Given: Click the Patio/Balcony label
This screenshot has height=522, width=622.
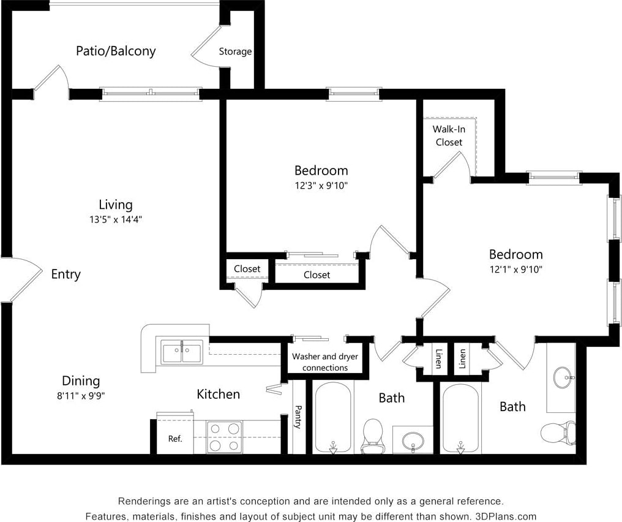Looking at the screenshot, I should pyautogui.click(x=116, y=51).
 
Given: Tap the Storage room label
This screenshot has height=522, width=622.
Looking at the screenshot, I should pyautogui.click(x=236, y=51).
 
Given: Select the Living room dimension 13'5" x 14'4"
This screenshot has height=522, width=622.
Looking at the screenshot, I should pyautogui.click(x=116, y=219).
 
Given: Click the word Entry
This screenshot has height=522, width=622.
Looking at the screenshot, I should pyautogui.click(x=66, y=274).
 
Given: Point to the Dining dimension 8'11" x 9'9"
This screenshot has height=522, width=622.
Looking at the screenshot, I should pyautogui.click(x=80, y=396).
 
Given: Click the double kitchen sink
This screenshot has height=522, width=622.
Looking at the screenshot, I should pyautogui.click(x=182, y=352).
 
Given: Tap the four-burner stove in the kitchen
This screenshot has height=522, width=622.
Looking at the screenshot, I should pyautogui.click(x=223, y=437).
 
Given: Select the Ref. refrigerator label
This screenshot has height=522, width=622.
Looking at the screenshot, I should pyautogui.click(x=175, y=439).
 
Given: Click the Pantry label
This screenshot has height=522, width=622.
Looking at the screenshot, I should pyautogui.click(x=298, y=417).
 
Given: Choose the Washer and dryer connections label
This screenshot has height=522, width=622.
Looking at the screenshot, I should pyautogui.click(x=325, y=362).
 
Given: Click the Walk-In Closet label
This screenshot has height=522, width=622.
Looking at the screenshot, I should pyautogui.click(x=449, y=135).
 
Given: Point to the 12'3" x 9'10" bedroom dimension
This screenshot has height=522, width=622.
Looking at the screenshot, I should pyautogui.click(x=321, y=184).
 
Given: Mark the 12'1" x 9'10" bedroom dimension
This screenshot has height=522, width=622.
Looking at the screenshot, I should pyautogui.click(x=515, y=268).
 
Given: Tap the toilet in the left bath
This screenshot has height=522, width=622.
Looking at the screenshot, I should pyautogui.click(x=372, y=435).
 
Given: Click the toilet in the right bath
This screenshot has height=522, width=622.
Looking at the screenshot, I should pyautogui.click(x=558, y=432).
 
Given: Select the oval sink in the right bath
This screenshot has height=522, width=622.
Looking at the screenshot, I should pyautogui.click(x=563, y=377).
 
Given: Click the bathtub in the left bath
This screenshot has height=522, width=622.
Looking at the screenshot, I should pyautogui.click(x=333, y=417).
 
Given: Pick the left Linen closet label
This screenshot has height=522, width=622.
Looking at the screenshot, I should pyautogui.click(x=438, y=358).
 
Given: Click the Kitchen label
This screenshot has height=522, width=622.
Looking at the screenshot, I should pyautogui.click(x=218, y=394).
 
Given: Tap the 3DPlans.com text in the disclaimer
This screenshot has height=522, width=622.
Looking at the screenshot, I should pyautogui.click(x=506, y=516).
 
